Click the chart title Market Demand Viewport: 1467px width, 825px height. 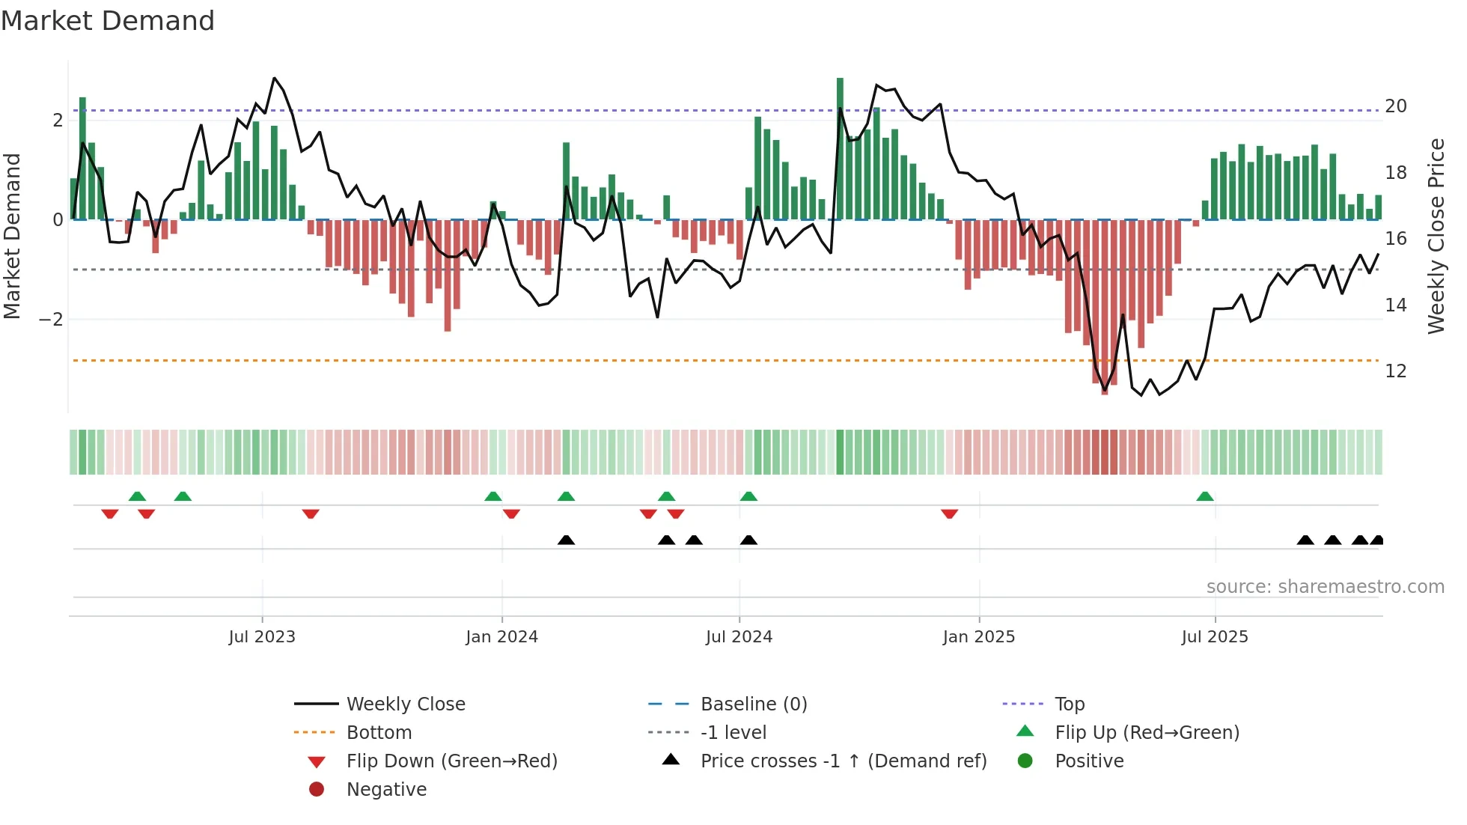pos(108,21)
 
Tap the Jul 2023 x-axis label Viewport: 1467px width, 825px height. pos(262,637)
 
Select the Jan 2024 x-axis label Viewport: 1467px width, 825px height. pos(501,637)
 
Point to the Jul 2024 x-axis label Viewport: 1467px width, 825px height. pos(739,637)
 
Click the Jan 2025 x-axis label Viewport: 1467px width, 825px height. pos(978,637)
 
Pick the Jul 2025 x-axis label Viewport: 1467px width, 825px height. pos(1215,637)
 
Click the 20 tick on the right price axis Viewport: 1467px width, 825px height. pos(1396,106)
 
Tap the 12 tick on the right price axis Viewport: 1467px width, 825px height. pos(1396,371)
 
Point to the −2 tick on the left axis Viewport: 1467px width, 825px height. pos(51,320)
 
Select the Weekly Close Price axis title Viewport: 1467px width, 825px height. pos(1436,236)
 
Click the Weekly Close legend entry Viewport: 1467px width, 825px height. pos(405,704)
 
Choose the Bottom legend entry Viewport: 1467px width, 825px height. pos(379,733)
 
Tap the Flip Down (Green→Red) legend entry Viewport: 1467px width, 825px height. pos(451,761)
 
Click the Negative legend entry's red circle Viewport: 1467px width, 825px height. pos(317,790)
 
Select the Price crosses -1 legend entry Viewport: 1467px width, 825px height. pos(843,761)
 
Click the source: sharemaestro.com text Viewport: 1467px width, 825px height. pos(1325,587)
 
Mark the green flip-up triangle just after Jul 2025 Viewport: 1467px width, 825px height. pos(1204,496)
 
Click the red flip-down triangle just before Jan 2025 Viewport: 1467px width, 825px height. pos(949,514)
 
